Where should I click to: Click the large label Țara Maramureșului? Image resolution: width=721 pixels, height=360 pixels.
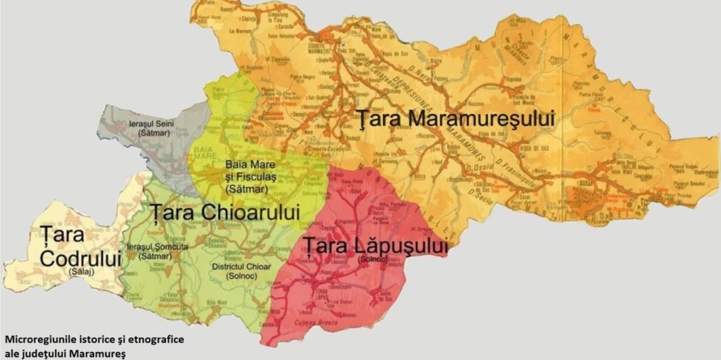click(x=457, y=119)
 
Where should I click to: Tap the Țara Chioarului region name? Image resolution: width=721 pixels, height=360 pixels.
click(x=224, y=212)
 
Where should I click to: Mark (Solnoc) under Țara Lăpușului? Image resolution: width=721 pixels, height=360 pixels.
click(x=372, y=259)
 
